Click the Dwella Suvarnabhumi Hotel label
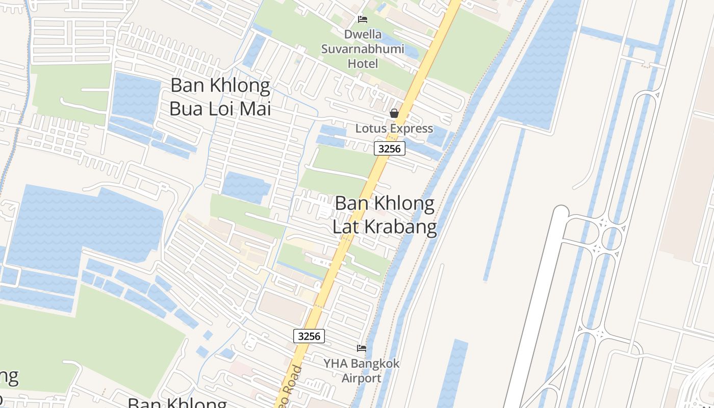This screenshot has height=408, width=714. tap(363, 49)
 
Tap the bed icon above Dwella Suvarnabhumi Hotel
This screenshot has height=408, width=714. tap(363, 19)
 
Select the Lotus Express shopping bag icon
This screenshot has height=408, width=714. tap(394, 113)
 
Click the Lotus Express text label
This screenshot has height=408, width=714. tap(394, 129)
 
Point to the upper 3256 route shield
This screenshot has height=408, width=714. tap(390, 148)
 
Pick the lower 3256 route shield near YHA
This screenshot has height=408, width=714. tap(309, 336)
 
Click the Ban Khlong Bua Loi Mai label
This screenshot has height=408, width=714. tap(220, 97)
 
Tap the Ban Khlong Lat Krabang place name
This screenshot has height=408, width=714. tap(385, 215)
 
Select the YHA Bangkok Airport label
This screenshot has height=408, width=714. tap(362, 371)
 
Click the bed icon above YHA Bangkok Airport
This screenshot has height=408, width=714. tap(362, 348)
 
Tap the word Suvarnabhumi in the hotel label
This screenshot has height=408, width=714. tap(363, 49)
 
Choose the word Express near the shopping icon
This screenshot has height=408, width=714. tap(410, 129)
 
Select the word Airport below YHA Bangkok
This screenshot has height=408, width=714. tap(362, 378)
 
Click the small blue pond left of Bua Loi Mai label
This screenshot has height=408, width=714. tap(136, 97)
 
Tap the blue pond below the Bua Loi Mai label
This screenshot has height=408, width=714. tap(246, 187)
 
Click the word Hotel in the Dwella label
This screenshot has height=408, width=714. tap(363, 64)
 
